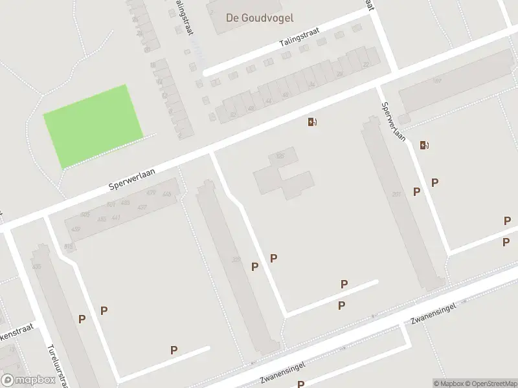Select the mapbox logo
(27, 380)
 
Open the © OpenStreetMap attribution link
(492, 383)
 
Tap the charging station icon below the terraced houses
(312, 122)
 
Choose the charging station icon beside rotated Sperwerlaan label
(424, 145)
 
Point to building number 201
(396, 194)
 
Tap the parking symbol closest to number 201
(417, 191)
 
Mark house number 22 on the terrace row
(366, 64)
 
